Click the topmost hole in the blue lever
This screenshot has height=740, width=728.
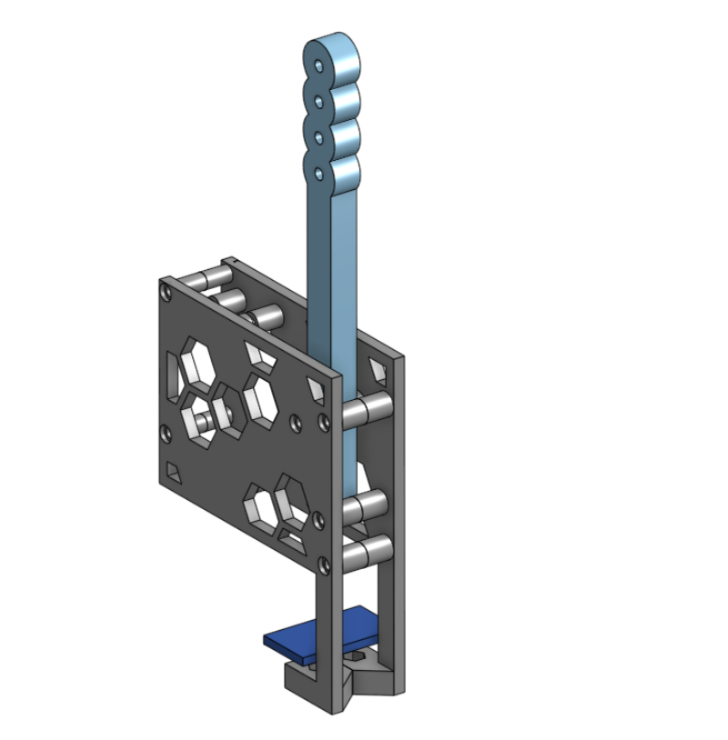pos(318,66)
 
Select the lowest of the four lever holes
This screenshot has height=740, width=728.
pos(318,171)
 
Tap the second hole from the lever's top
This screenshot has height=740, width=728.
pos(318,102)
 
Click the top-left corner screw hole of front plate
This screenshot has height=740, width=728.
pos(165,292)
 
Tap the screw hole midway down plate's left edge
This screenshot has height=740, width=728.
pos(165,432)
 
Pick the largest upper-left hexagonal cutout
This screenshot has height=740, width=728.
pos(197,364)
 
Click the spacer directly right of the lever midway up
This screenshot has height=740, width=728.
pos(369,407)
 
